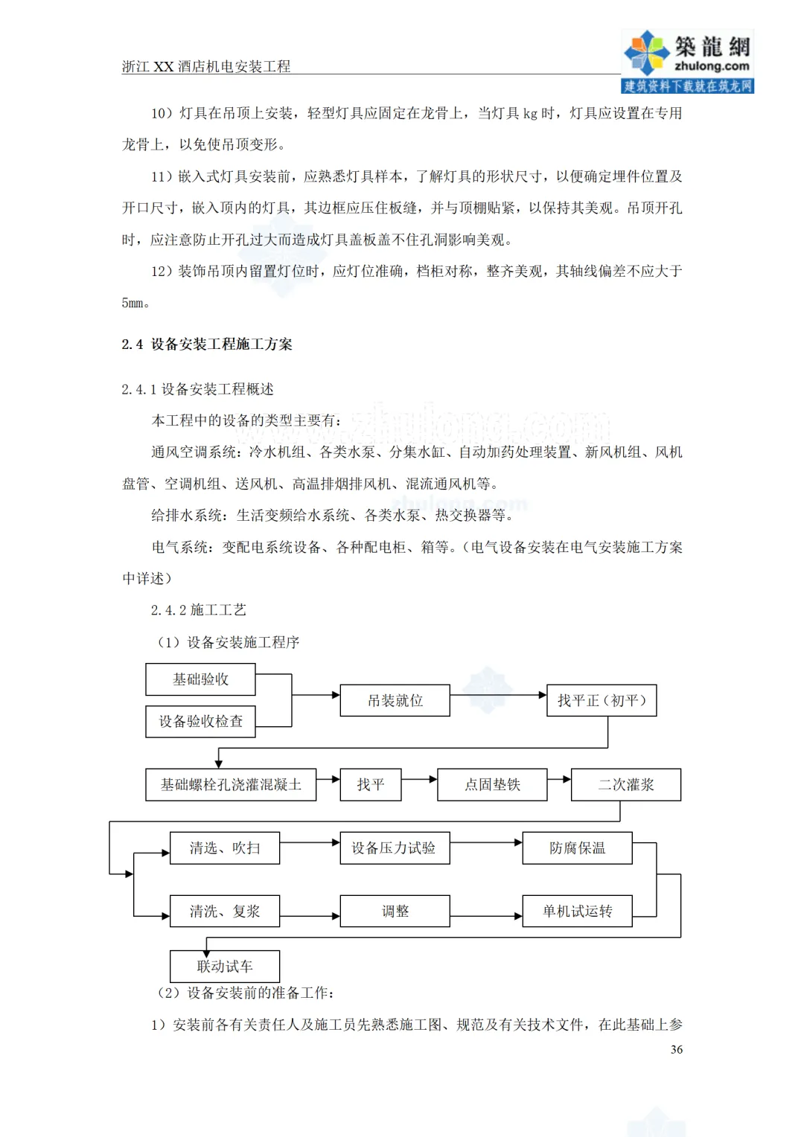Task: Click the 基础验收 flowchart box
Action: coord(200,679)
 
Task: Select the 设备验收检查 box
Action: coord(200,721)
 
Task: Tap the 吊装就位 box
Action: coord(395,700)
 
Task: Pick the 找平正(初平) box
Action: coord(602,700)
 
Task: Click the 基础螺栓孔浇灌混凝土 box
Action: coord(231,784)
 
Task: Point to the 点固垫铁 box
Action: coord(492,784)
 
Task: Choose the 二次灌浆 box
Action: coord(626,784)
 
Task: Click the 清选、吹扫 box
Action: coord(225,848)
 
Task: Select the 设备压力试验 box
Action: coord(395,848)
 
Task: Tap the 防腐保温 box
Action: coord(577,848)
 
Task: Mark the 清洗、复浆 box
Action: coord(225,911)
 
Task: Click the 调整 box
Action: coord(395,911)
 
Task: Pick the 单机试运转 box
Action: coord(577,911)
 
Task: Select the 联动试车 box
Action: coord(225,966)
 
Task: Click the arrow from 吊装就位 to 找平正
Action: coord(498,695)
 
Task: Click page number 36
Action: coord(676,1049)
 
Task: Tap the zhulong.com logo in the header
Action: coord(687,61)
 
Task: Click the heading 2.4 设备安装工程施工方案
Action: coord(207,344)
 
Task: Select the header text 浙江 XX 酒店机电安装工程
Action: coord(206,66)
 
